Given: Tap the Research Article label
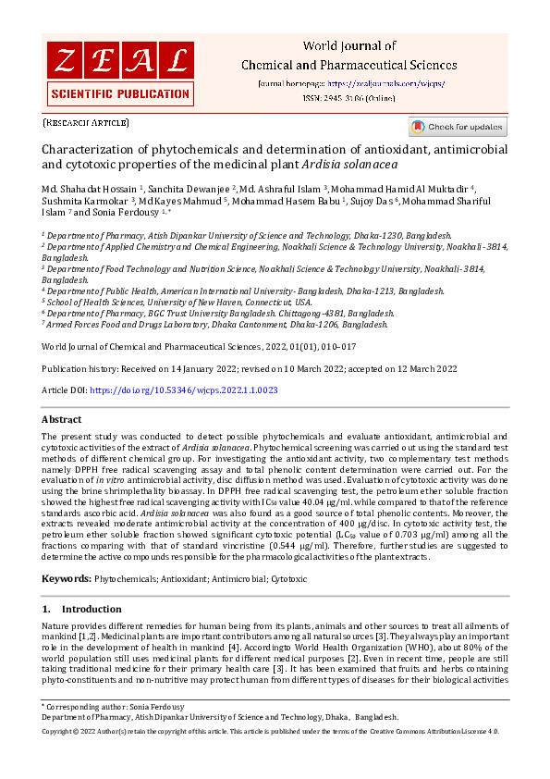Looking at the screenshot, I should (x=86, y=122).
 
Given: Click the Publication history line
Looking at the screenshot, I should (x=250, y=368).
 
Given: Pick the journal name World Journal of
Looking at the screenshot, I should (x=349, y=45).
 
